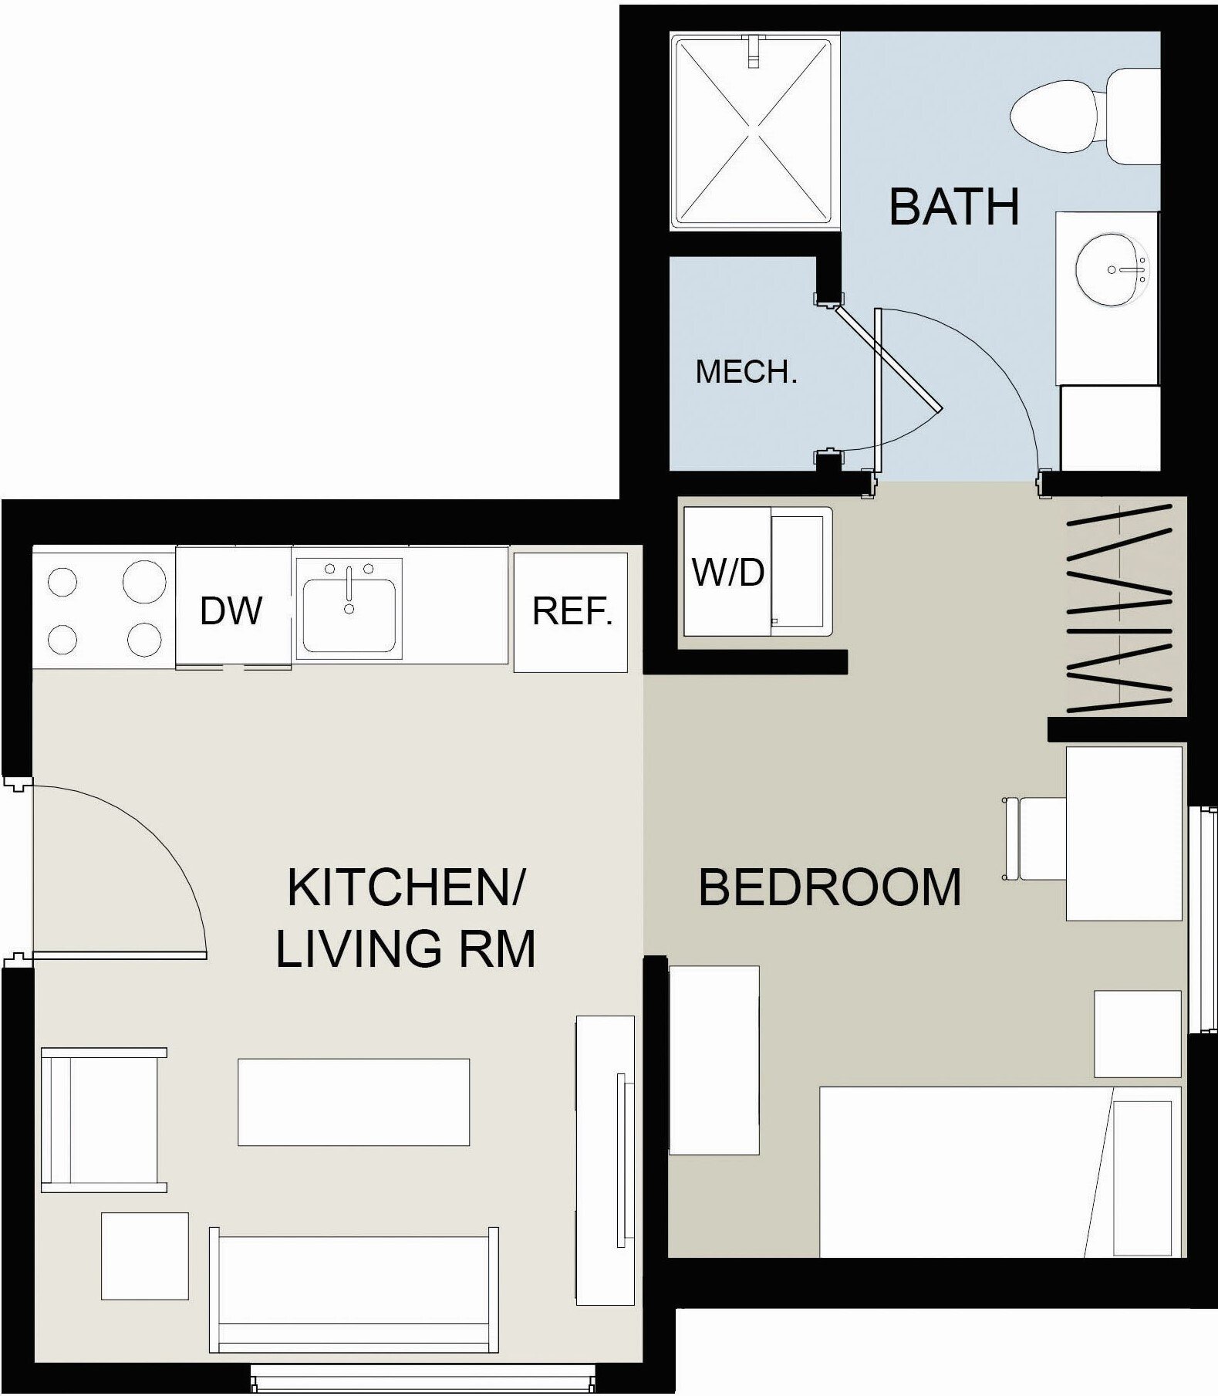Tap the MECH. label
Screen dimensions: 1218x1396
point(746,372)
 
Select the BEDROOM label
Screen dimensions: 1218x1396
point(830,887)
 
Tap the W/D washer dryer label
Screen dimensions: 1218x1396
point(728,572)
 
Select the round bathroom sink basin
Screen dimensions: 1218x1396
point(1112,269)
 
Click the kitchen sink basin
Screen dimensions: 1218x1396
point(349,615)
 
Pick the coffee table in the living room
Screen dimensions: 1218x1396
point(353,1102)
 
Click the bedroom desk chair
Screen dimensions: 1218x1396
point(1034,839)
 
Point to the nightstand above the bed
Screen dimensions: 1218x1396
point(1138,1034)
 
